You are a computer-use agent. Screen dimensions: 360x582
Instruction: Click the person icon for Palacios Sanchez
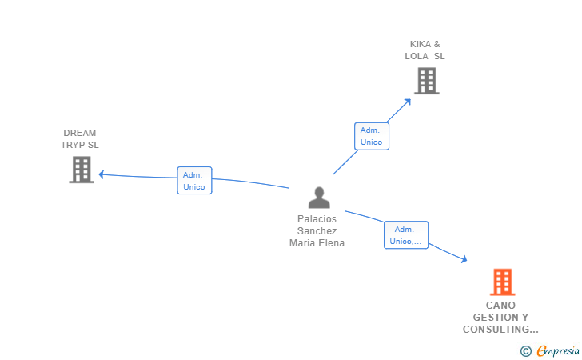point(319,198)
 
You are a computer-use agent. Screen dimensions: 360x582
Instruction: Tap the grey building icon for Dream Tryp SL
point(82,170)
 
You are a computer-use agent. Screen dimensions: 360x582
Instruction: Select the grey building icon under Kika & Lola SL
point(426,81)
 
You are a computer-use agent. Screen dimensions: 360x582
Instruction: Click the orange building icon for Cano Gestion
point(502,282)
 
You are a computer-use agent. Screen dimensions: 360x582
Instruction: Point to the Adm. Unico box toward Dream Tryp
point(194,181)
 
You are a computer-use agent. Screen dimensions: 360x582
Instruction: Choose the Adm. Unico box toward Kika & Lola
point(371,136)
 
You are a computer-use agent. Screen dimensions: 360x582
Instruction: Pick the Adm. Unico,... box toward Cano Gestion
point(406,235)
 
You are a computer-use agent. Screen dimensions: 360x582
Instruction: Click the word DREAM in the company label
point(80,133)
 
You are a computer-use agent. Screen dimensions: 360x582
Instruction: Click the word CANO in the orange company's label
point(500,305)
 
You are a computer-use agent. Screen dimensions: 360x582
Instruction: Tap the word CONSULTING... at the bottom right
point(500,329)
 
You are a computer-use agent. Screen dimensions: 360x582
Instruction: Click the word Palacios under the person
point(317,218)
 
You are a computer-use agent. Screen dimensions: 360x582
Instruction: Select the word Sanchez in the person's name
point(317,230)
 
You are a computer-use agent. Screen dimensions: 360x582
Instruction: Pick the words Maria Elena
point(317,243)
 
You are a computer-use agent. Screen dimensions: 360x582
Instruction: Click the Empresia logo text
point(558,350)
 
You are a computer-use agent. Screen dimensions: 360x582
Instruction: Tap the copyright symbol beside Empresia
point(525,350)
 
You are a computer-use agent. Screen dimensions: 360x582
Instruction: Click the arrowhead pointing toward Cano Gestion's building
point(464,258)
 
